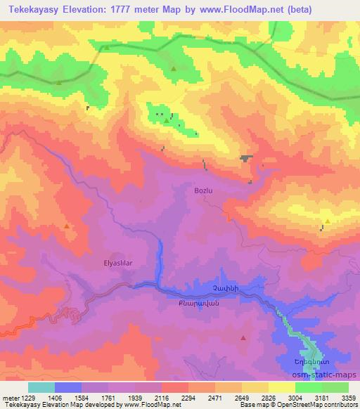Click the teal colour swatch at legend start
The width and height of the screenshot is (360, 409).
click(x=41, y=387)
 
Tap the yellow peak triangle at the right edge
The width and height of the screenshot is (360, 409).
click(x=328, y=221)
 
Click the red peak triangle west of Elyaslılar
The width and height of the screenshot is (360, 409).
click(x=66, y=226)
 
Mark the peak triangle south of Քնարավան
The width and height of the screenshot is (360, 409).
click(x=243, y=338)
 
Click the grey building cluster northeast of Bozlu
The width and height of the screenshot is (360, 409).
click(x=245, y=159)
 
